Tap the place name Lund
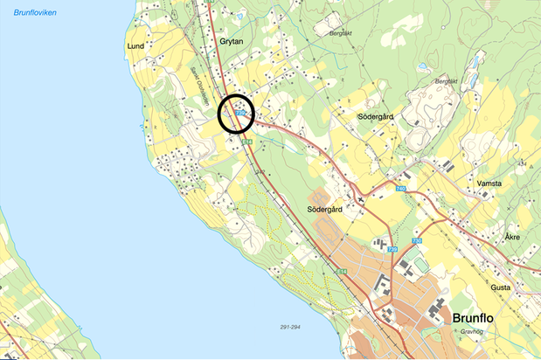(x=135, y=45)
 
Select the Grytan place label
(x=231, y=41)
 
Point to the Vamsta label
(x=489, y=183)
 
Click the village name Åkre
(x=512, y=237)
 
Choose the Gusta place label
(x=501, y=287)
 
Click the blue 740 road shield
(x=401, y=190)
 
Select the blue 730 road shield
(x=418, y=240)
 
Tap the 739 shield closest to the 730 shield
(x=392, y=251)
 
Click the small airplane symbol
(x=359, y=198)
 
